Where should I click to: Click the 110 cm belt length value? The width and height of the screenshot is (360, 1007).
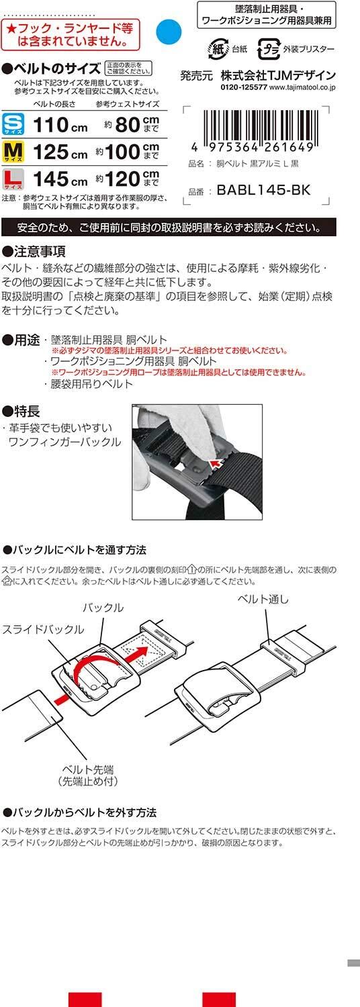pos(60,124)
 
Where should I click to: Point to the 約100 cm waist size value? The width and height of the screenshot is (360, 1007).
pos(128,152)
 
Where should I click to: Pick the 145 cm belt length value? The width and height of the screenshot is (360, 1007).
pos(60,179)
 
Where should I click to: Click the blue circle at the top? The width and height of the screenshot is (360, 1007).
pos(169,32)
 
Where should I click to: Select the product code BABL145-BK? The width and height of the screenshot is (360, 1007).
pos(263,190)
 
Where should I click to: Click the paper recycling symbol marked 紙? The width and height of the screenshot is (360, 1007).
pos(218,49)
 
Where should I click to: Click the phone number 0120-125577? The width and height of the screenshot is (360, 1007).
pos(244,88)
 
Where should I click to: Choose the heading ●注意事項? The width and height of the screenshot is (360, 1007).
pos(34,251)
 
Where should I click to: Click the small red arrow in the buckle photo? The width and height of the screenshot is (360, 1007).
pos(217,463)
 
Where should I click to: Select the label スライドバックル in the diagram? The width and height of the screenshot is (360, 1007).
pos(43,629)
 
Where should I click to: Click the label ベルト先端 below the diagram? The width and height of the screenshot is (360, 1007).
pos(88,769)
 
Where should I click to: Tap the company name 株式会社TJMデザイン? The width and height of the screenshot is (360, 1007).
pos(278,75)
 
